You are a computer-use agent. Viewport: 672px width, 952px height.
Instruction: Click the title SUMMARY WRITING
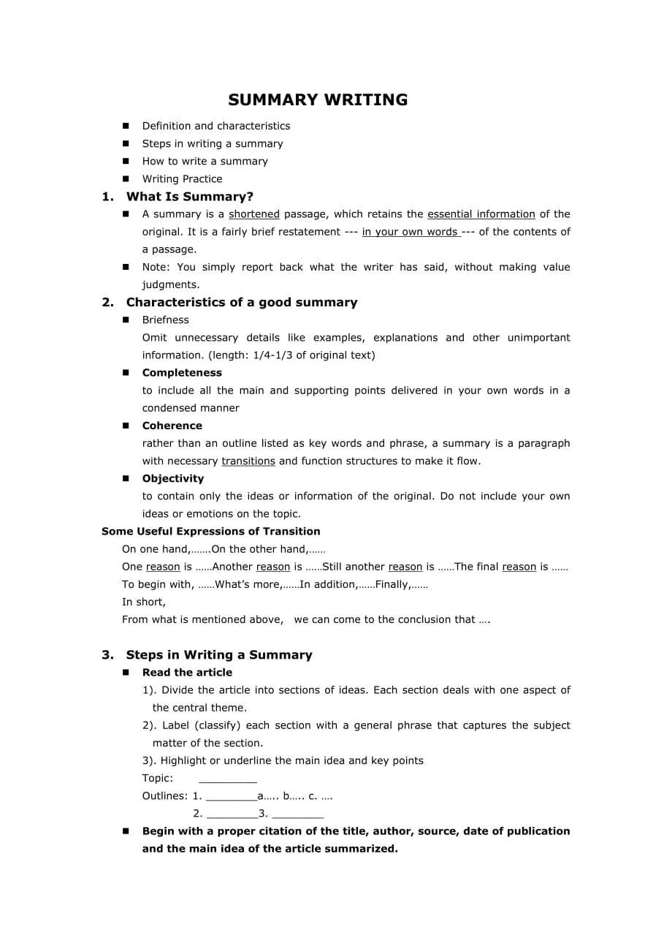[x=318, y=100]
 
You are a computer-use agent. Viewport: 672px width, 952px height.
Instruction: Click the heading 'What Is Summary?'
[x=190, y=197]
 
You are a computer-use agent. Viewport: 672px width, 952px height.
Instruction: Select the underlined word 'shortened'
[x=254, y=214]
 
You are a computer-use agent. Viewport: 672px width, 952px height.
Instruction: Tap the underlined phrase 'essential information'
[x=481, y=214]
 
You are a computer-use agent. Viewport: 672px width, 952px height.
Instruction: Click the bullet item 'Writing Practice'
[x=182, y=179]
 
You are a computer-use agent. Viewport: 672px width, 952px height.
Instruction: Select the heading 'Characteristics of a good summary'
[x=242, y=303]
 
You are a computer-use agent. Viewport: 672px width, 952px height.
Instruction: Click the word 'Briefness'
[x=166, y=320]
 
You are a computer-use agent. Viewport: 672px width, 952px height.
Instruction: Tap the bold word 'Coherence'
[x=172, y=426]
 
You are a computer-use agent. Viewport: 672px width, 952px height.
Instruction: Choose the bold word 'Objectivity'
[x=173, y=479]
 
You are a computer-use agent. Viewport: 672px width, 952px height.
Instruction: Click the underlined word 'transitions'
[x=248, y=461]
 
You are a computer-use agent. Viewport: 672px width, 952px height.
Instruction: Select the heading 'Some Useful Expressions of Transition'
[x=211, y=532]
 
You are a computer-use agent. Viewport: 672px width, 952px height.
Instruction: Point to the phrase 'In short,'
[x=144, y=602]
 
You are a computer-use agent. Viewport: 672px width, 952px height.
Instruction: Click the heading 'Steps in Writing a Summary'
[x=219, y=655]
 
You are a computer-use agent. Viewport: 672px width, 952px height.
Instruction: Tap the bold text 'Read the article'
[x=187, y=673]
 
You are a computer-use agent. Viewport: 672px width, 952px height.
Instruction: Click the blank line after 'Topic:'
[x=227, y=780]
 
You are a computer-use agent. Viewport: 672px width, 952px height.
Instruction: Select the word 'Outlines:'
[x=165, y=796]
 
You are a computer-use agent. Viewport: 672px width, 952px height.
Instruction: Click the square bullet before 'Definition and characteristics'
[x=126, y=126]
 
